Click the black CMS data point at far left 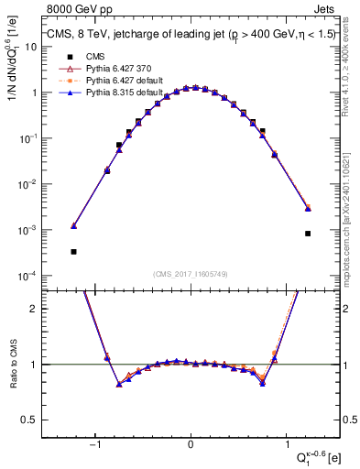[73, 251]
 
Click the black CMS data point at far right [309, 234]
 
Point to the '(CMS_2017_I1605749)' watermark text [191, 274]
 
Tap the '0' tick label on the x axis [191, 443]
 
